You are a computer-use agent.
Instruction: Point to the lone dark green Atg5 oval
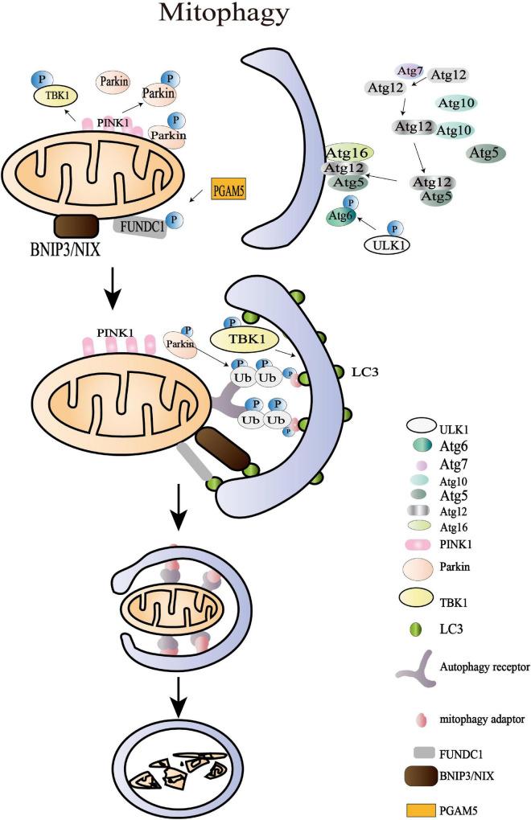486,153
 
